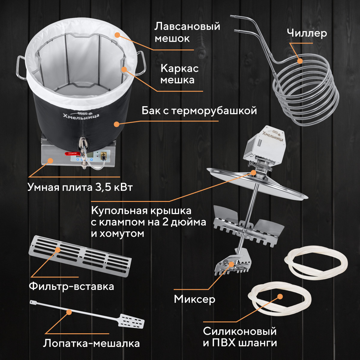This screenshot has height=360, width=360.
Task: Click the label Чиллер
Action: tap(307, 33)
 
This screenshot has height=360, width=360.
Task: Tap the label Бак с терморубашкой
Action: tap(199, 111)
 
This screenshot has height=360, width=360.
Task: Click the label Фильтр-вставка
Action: tap(71, 286)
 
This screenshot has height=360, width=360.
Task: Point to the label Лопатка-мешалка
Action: tap(91, 343)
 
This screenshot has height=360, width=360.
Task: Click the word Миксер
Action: tap(194, 299)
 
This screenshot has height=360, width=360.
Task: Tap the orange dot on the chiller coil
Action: tap(300, 61)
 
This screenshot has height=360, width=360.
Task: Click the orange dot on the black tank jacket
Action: tap(117, 124)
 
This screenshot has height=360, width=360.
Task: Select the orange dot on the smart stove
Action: tap(50, 160)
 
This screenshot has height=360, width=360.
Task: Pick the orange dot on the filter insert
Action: tap(58, 250)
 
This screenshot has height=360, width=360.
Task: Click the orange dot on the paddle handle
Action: tap(69, 312)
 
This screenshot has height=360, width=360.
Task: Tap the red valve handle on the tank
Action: tap(73, 154)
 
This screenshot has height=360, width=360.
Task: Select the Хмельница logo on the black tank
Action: tap(81, 115)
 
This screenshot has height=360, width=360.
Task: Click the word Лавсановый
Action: tap(187, 26)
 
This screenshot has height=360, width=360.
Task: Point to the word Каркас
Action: tap(179, 69)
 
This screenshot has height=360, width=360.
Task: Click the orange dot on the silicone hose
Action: tap(280, 296)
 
